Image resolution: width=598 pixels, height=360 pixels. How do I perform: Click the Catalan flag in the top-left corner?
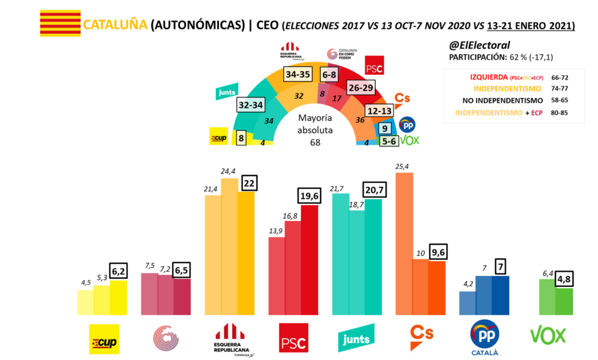(x=60, y=23)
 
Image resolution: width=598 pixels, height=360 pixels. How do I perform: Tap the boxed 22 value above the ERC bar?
(x=248, y=183)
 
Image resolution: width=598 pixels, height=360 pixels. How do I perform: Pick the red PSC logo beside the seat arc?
(x=374, y=68)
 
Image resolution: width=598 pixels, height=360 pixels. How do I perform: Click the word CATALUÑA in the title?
(x=115, y=25)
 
